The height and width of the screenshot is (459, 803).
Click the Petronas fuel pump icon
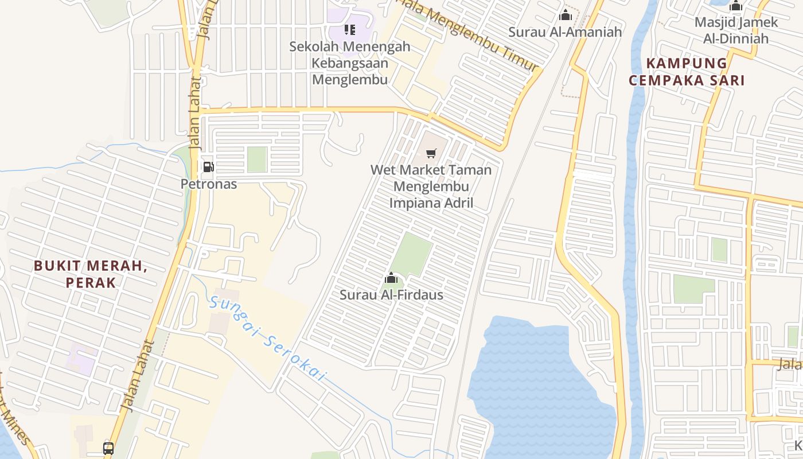pos(208,167)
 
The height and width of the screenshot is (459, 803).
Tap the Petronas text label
pos(209,184)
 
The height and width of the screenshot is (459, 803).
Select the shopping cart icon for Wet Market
pos(431,153)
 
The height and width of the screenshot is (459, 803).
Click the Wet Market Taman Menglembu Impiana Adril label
pos(431,186)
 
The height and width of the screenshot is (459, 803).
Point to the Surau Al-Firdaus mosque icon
pos(391,279)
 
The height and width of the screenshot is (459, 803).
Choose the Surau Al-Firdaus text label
pos(391,295)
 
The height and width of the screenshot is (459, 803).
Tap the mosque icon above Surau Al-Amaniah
pos(566,15)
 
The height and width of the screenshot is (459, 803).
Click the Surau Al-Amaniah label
pos(565,32)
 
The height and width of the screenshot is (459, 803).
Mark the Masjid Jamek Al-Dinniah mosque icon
pos(736,6)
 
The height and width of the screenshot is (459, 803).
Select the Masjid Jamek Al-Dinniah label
pos(736,30)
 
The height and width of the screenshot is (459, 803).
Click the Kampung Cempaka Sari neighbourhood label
pos(687,72)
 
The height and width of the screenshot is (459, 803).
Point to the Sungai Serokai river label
pos(267,339)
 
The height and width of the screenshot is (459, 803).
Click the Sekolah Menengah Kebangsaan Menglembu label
pos(350,63)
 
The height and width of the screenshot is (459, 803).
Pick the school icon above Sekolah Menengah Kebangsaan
pos(349,29)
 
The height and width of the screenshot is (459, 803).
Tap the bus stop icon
pos(108,448)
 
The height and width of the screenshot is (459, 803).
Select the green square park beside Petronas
pos(257,159)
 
